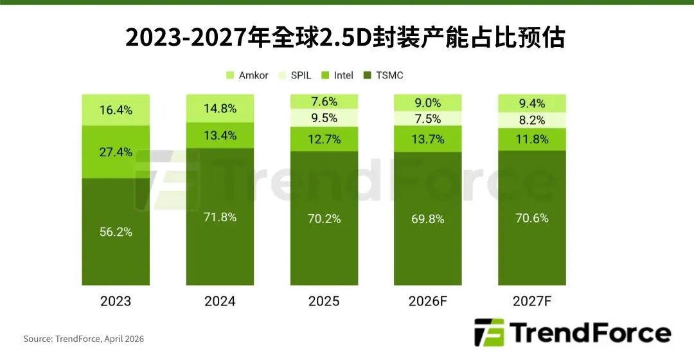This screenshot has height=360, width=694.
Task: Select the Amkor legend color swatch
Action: pos(230,76)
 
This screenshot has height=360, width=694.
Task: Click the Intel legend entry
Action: pos(338,76)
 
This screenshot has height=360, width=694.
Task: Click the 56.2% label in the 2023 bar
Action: pos(116,231)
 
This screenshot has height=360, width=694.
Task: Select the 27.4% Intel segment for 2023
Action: pos(116,152)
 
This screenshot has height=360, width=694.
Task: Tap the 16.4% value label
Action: pos(116,110)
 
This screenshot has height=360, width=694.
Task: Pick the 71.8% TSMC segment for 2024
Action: pos(220,217)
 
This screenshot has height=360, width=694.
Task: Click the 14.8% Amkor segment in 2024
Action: pos(220,108)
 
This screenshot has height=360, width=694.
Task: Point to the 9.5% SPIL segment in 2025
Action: pos(324,118)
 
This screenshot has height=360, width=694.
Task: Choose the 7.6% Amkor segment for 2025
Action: pos(324,102)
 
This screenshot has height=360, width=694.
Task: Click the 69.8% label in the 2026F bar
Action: pos(427,219)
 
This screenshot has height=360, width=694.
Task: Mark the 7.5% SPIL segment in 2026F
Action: pos(427,118)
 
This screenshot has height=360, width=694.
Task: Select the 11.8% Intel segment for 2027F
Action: pos(532,139)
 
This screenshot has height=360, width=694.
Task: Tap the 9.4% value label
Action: pos(532,104)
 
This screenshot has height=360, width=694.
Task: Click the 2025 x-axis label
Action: pos(324,301)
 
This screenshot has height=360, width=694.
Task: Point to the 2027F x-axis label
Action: pos(532,301)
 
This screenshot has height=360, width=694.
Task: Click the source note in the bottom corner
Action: pos(84,339)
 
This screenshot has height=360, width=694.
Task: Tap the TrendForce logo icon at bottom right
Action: pos(488,332)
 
